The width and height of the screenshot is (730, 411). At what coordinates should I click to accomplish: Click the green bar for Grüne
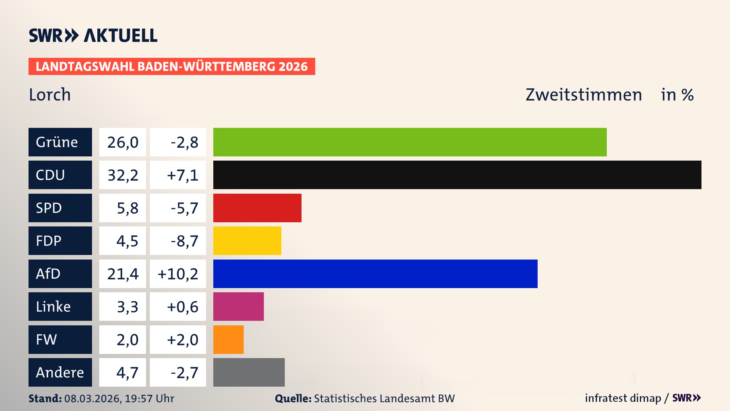pos(410,142)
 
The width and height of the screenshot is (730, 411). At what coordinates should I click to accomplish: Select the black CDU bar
pos(457,175)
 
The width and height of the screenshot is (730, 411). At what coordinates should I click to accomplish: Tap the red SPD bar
pos(257,208)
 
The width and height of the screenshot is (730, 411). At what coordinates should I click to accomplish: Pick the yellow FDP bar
pos(247,241)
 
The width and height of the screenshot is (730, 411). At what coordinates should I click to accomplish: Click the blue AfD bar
pos(375,274)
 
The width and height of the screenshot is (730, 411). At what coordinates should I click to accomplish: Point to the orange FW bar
pos(228,339)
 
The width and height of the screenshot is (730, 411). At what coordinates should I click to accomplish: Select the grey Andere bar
pos(249,372)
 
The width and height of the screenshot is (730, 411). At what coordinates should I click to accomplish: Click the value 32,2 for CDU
pos(122,175)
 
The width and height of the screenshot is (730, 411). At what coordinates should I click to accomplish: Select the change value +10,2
pos(178,274)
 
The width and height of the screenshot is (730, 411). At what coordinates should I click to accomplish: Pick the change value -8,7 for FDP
pos(184,241)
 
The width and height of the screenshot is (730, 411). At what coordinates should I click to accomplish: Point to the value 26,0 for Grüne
pos(122,142)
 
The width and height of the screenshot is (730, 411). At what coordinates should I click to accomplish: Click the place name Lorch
pos(50,95)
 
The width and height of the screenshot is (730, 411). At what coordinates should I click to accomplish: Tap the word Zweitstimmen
pos(584,95)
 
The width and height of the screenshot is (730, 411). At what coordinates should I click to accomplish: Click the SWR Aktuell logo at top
pos(93,35)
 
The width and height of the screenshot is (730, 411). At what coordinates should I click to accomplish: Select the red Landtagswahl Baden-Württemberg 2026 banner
pos(171,67)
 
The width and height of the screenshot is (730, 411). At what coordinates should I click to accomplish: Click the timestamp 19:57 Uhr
pos(149,398)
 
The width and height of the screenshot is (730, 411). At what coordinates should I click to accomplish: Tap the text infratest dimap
pos(623,398)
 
